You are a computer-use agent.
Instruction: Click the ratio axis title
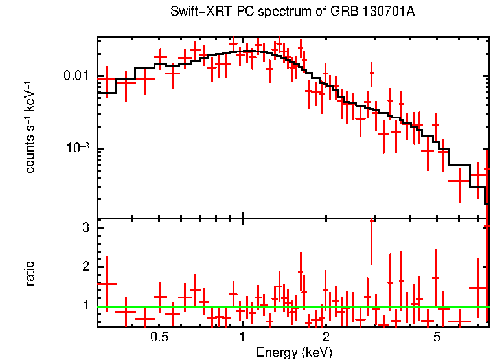tap(30, 273)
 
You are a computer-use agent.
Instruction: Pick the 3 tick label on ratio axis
tap(84, 228)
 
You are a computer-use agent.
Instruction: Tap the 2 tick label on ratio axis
tap(84, 267)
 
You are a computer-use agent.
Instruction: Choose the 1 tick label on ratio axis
tap(84, 304)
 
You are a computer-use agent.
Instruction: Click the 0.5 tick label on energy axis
tap(159, 337)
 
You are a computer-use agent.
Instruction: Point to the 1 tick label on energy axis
tap(242, 337)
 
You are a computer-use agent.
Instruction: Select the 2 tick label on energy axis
tap(326, 337)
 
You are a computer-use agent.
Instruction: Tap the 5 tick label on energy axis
tap(437, 337)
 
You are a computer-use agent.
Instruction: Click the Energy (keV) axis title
tap(293, 352)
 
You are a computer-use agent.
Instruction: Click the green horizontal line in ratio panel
tap(291, 307)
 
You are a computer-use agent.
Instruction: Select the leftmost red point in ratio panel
tap(107, 284)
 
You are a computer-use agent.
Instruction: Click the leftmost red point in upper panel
tap(107, 78)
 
